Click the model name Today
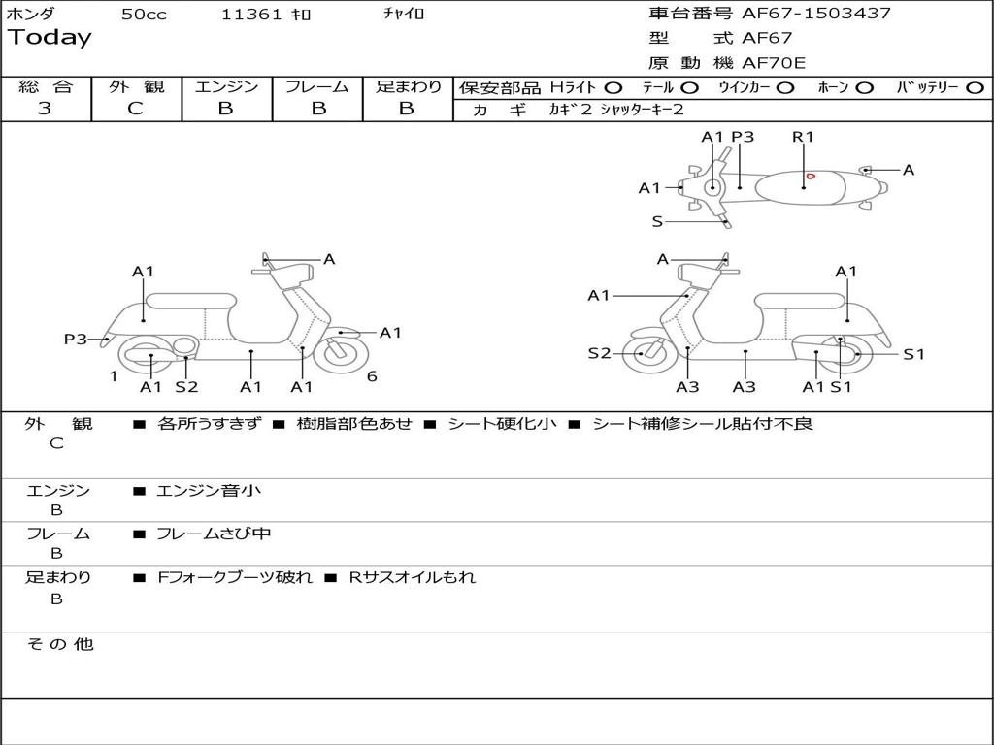click(x=50, y=38)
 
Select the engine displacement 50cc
click(x=144, y=15)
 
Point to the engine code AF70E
click(x=774, y=63)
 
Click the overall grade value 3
click(x=45, y=109)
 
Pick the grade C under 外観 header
click(x=135, y=109)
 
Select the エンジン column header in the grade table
click(x=226, y=86)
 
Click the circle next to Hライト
click(x=613, y=87)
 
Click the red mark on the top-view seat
click(x=809, y=177)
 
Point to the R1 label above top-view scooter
click(x=803, y=137)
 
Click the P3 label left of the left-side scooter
click(x=76, y=339)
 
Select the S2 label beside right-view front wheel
click(x=600, y=353)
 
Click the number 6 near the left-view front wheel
click(x=372, y=376)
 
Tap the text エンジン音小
click(x=209, y=491)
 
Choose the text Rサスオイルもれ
click(x=413, y=577)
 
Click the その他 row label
click(x=59, y=644)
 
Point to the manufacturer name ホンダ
click(x=31, y=15)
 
